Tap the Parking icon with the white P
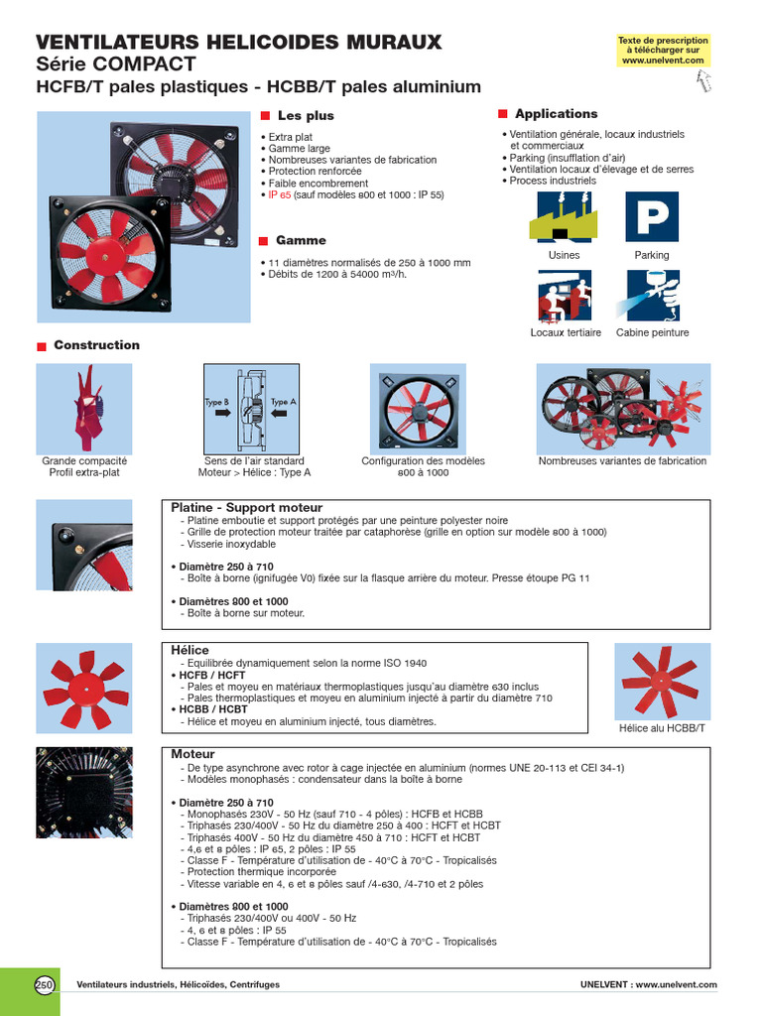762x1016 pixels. pos(651,216)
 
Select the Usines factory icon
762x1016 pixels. pos(564,216)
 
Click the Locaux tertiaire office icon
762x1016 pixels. pos(565,296)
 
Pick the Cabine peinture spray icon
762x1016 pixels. pos(652,296)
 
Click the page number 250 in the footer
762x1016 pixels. pos(45,984)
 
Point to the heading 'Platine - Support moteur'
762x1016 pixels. pos(247,508)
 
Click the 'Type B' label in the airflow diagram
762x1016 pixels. pos(217,402)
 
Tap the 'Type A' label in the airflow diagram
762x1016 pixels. pos(284,402)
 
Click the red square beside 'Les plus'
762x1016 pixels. pos(265,116)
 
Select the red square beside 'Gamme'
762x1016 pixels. pos(264,241)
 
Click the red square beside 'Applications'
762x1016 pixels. pos(503,114)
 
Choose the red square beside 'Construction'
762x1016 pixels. pos(42,346)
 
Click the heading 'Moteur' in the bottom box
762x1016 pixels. pos(192,755)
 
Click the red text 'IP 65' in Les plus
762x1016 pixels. pos(279,195)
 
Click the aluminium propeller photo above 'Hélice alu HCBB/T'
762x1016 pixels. pos(661,681)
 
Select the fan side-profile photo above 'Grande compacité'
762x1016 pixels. pos(83,407)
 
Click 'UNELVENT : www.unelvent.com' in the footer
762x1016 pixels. pos(648,984)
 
